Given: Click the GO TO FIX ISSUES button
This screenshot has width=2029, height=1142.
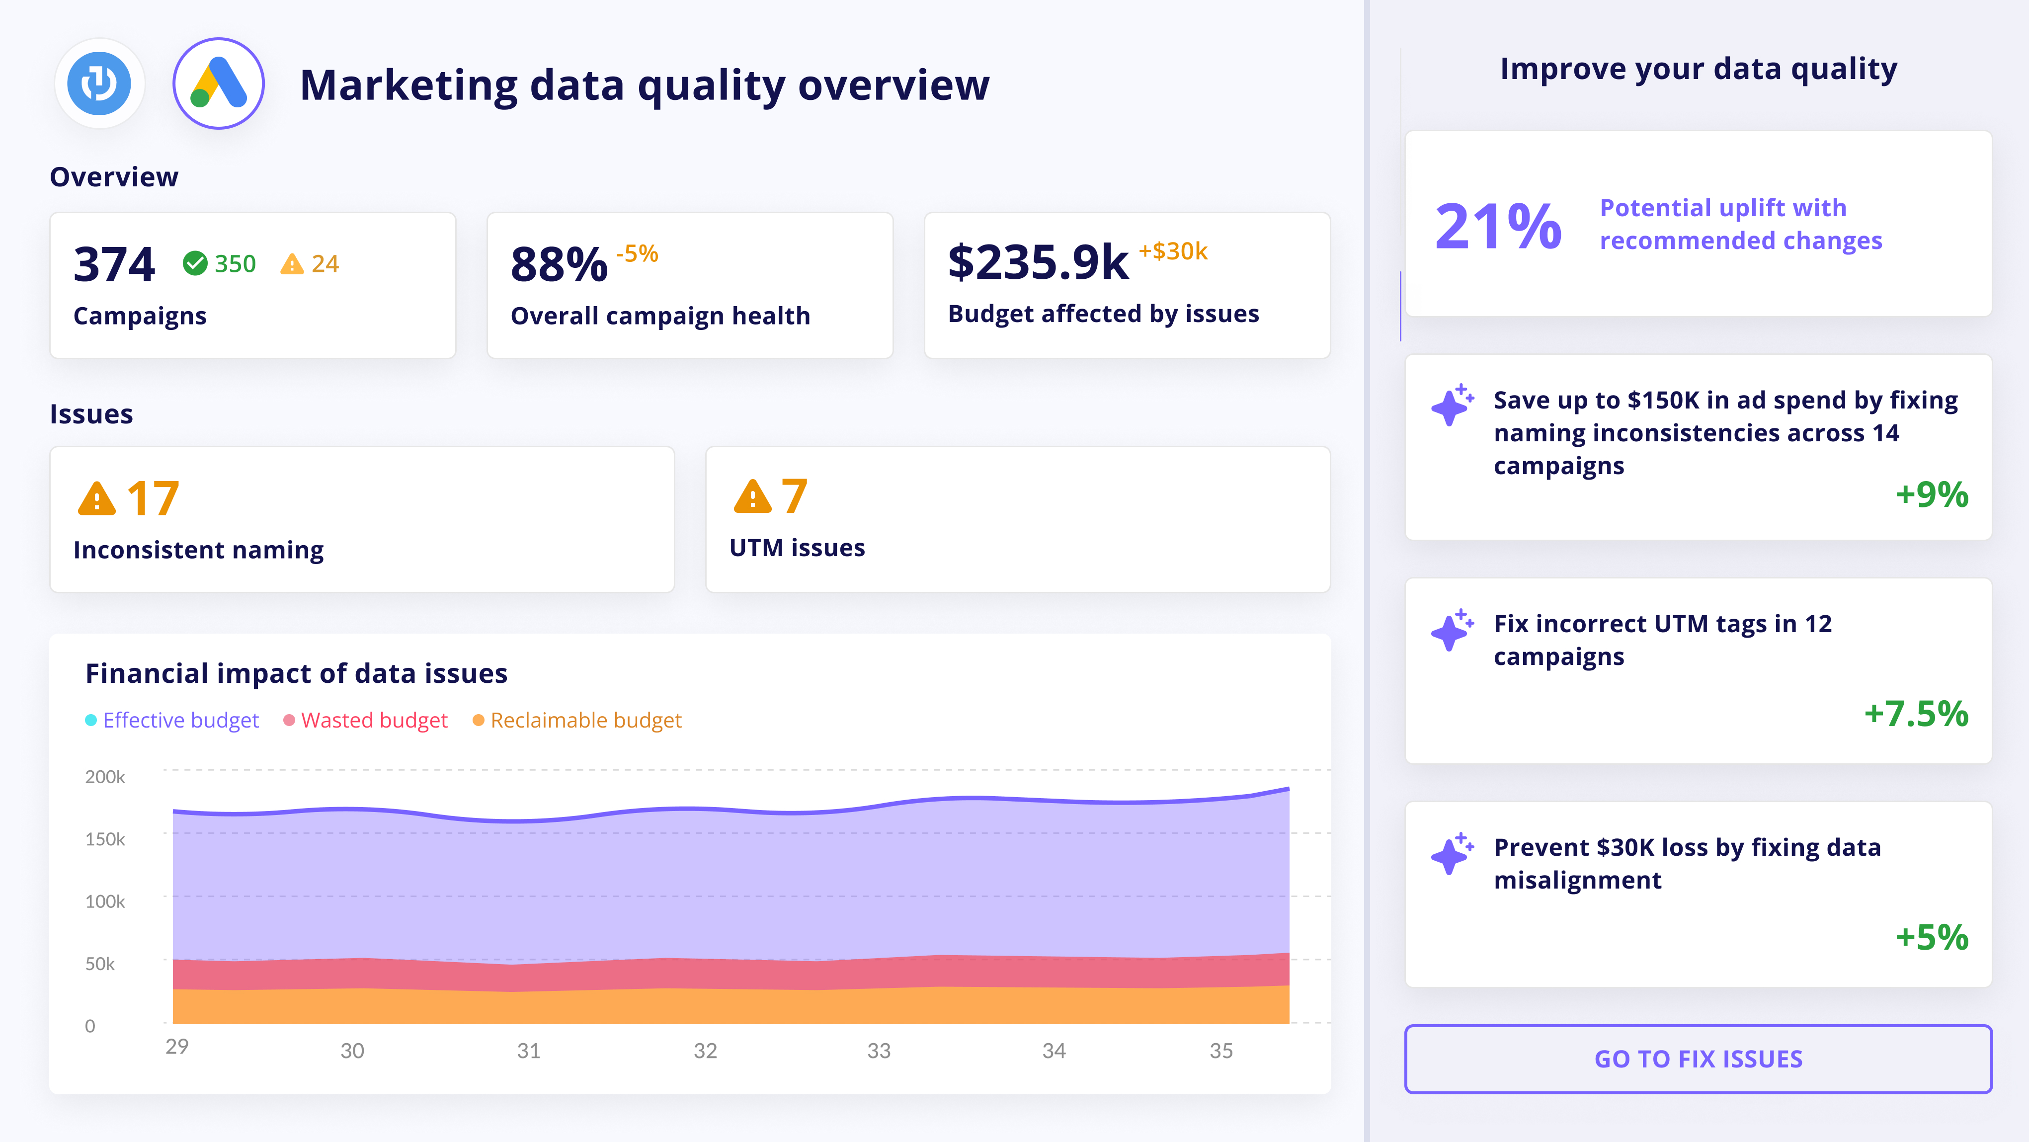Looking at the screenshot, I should (1698, 1059).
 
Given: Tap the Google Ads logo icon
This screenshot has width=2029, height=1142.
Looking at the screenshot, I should (218, 83).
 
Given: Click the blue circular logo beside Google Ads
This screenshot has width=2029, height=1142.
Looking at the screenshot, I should (99, 83).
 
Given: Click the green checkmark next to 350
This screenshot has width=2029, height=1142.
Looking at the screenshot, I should (194, 263).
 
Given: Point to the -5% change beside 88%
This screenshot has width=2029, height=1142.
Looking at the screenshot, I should (637, 253).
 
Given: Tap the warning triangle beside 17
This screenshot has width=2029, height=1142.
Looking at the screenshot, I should (97, 498).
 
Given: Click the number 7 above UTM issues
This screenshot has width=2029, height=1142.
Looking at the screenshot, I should (794, 497).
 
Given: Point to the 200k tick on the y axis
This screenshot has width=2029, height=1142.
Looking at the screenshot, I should (105, 777).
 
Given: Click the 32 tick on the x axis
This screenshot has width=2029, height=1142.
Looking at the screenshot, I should (705, 1051).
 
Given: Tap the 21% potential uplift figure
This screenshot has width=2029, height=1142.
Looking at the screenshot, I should (1497, 227).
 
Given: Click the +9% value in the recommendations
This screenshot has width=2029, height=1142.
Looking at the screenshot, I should (1931, 494).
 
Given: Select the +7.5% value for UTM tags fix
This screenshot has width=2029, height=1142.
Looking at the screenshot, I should (1916, 714).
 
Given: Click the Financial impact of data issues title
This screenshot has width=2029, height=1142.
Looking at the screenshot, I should (296, 673).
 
